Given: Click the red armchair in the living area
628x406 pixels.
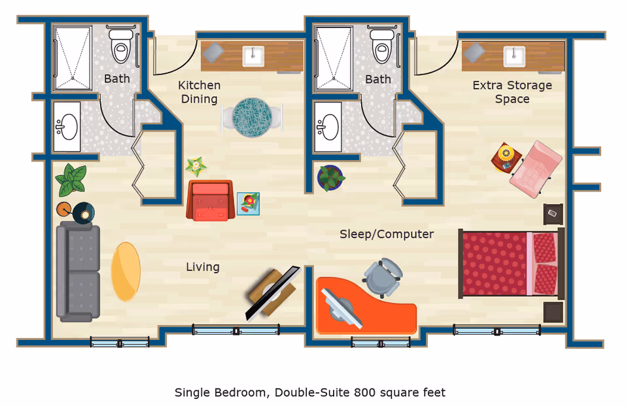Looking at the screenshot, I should pyautogui.click(x=209, y=201).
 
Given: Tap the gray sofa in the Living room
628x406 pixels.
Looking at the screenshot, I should pyautogui.click(x=78, y=271).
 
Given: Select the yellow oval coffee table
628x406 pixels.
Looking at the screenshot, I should pyautogui.click(x=126, y=271).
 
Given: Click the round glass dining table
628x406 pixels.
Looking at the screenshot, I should pyautogui.click(x=252, y=118).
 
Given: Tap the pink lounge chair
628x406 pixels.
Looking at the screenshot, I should pyautogui.click(x=536, y=169).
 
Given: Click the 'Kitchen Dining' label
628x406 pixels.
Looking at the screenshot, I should pyautogui.click(x=200, y=92).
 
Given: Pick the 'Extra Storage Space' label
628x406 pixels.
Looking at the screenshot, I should pyautogui.click(x=512, y=92).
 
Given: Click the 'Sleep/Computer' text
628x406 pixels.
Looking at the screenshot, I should pyautogui.click(x=387, y=234).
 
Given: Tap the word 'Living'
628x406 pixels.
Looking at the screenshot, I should pyautogui.click(x=203, y=267).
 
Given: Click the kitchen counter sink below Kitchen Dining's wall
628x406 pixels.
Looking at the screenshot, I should pyautogui.click(x=253, y=56).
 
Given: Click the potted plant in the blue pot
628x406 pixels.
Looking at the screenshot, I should pyautogui.click(x=331, y=177).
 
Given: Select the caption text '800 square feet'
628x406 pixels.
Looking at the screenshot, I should pyautogui.click(x=400, y=393).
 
